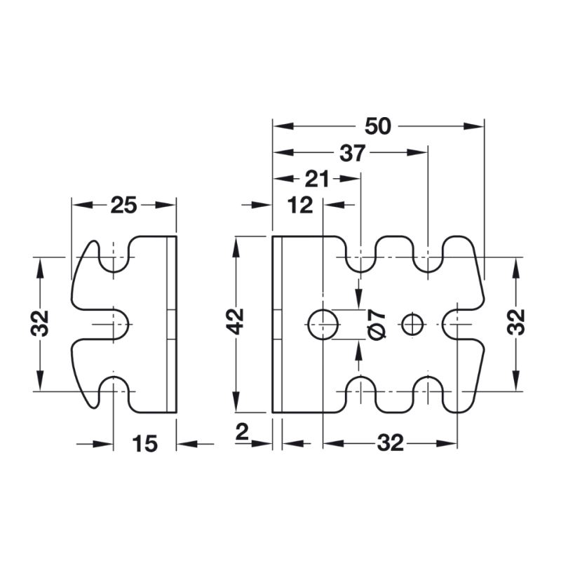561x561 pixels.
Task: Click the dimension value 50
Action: (378, 126)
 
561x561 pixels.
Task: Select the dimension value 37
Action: (352, 153)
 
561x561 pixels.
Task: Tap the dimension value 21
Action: (316, 179)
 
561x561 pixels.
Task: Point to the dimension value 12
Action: (300, 205)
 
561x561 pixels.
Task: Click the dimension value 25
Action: (123, 205)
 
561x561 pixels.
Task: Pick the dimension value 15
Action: (145, 444)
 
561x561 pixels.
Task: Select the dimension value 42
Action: (236, 321)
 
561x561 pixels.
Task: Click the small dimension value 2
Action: (242, 432)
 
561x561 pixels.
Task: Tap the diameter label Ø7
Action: (377, 325)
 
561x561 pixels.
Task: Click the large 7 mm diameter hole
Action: (323, 325)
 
